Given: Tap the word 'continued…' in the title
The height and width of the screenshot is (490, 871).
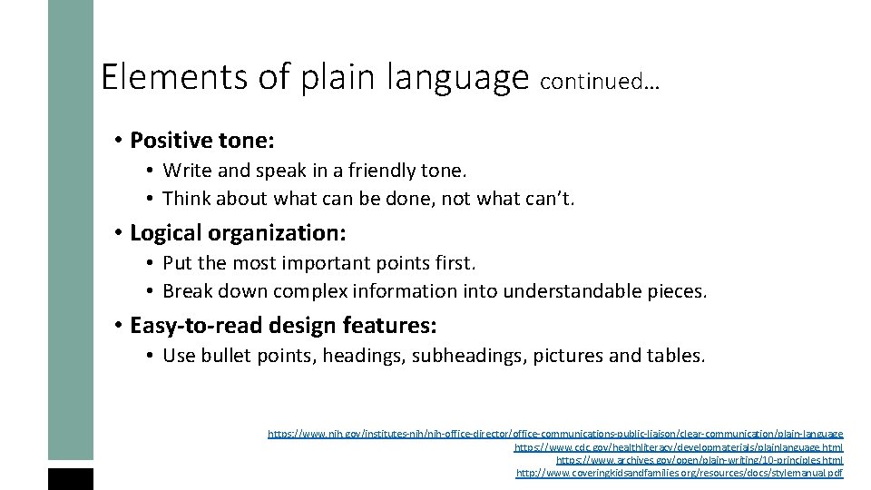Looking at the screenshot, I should click(x=599, y=83).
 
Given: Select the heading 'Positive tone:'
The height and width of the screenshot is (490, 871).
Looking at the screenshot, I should click(x=202, y=141).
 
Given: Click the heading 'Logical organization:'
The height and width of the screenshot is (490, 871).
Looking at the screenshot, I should click(x=238, y=232).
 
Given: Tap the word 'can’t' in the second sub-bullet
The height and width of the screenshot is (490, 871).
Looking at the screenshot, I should click(x=549, y=199).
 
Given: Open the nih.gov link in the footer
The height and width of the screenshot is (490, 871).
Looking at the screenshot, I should click(x=555, y=435).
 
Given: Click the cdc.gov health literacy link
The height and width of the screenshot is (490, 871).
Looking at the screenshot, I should click(x=678, y=447).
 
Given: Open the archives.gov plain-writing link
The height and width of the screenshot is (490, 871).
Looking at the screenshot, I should click(x=699, y=460).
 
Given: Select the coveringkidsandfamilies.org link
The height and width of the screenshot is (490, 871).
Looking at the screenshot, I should click(x=679, y=473).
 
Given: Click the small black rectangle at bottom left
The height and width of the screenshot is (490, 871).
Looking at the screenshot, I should click(x=71, y=479).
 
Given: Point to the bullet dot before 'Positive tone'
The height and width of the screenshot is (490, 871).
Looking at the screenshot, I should click(x=119, y=142).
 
